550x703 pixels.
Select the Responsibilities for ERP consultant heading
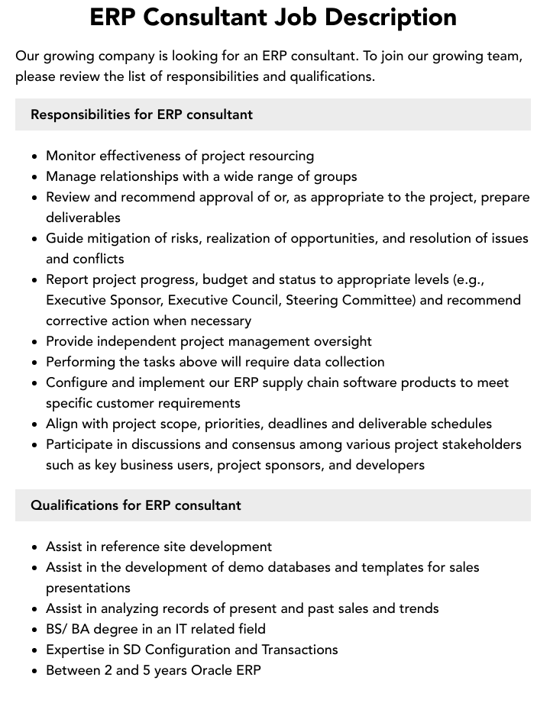(141, 114)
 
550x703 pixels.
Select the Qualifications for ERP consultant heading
(135, 505)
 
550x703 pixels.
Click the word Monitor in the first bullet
(70, 156)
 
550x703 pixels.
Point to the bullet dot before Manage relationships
(35, 177)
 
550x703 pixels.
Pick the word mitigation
(119, 238)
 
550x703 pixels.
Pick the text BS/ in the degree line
(57, 629)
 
